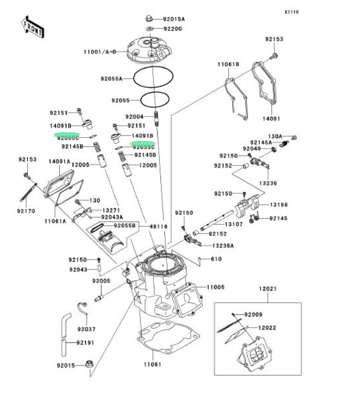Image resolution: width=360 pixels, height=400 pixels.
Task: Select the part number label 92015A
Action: coord(174,19)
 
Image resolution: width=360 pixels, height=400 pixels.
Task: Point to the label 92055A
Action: coord(111,78)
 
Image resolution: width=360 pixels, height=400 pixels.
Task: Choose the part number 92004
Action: coord(134,116)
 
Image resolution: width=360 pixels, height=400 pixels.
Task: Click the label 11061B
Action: coord(228,64)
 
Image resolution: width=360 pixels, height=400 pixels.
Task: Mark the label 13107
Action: coord(234,224)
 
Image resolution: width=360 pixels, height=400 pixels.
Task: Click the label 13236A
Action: coord(222,245)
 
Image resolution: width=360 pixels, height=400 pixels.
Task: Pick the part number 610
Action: coord(216,259)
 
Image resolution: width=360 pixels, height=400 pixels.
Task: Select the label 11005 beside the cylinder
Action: coord(216,287)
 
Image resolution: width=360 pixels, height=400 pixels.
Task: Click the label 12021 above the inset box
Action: coord(268,288)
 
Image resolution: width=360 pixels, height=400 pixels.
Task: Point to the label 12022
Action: coord(268,328)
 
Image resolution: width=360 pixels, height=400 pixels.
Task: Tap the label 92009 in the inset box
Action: coord(253,315)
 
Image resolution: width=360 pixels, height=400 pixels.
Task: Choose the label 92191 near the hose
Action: coord(85,343)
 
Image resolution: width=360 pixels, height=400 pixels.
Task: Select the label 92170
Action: coord(26,211)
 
